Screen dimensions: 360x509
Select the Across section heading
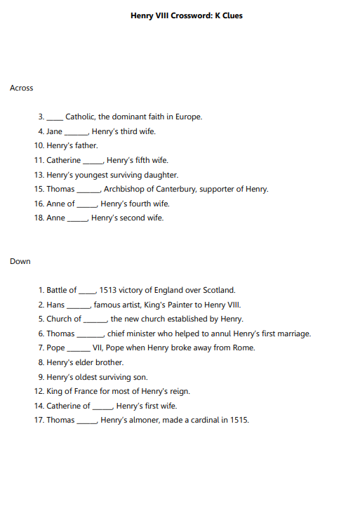(x=21, y=88)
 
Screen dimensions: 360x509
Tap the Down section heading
(x=20, y=261)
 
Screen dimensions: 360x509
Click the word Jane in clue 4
(x=54, y=131)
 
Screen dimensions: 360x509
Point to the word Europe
(x=188, y=117)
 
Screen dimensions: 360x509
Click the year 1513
(x=108, y=290)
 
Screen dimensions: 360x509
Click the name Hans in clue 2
(x=55, y=305)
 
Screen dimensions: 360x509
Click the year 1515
(x=239, y=420)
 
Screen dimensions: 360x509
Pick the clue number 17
(x=39, y=420)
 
